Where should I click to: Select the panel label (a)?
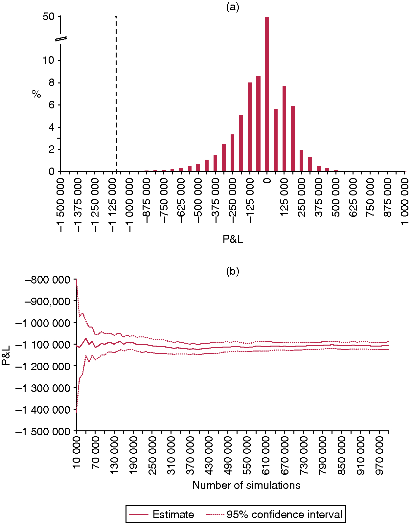tap(233, 7)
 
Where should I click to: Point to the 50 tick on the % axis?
tap(49, 16)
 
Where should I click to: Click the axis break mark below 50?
tap(61, 39)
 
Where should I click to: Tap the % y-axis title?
tap(36, 94)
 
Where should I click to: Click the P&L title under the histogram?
tap(233, 239)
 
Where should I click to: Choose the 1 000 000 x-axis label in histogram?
tap(404, 201)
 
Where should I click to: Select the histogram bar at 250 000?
tap(301, 161)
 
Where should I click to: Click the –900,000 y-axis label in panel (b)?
tap(47, 301)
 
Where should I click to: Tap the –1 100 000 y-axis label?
tap(43, 345)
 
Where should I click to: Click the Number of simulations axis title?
tap(246, 485)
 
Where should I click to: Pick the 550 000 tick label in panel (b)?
tap(247, 455)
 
